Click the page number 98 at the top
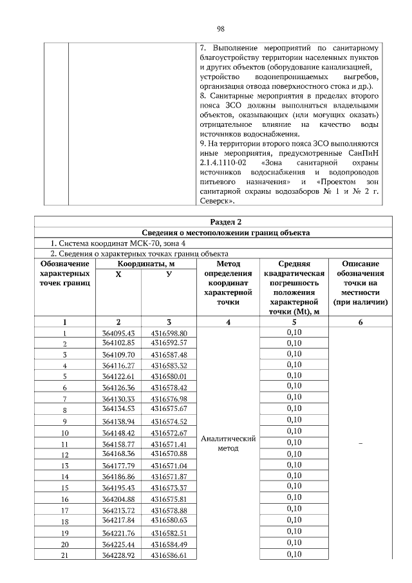(220, 29)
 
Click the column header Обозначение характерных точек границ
(64, 274)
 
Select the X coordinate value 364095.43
(118, 333)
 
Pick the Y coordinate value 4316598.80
(169, 333)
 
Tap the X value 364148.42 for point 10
(118, 432)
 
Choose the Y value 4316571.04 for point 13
(169, 465)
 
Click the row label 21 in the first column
(64, 556)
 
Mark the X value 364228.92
(118, 556)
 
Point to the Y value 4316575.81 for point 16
(169, 499)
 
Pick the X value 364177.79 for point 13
(118, 465)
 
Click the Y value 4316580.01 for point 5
(169, 376)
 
